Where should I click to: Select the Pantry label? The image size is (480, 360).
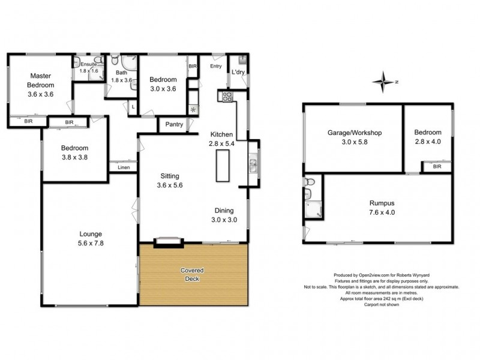tap(173, 125)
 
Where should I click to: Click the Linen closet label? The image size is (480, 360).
tap(124, 167)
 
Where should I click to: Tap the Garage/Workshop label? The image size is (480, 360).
tap(355, 133)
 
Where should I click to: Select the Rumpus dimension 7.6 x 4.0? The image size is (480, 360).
tap(378, 212)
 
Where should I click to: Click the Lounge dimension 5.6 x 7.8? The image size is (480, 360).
tap(89, 242)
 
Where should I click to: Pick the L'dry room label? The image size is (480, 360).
tap(238, 73)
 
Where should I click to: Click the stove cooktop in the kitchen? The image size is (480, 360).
tap(228, 96)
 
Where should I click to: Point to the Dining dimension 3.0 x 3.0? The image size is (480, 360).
tap(227, 220)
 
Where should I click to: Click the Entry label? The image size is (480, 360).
tap(215, 66)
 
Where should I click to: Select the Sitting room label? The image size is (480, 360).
tap(168, 176)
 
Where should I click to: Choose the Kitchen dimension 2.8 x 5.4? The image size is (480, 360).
tap(221, 145)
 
